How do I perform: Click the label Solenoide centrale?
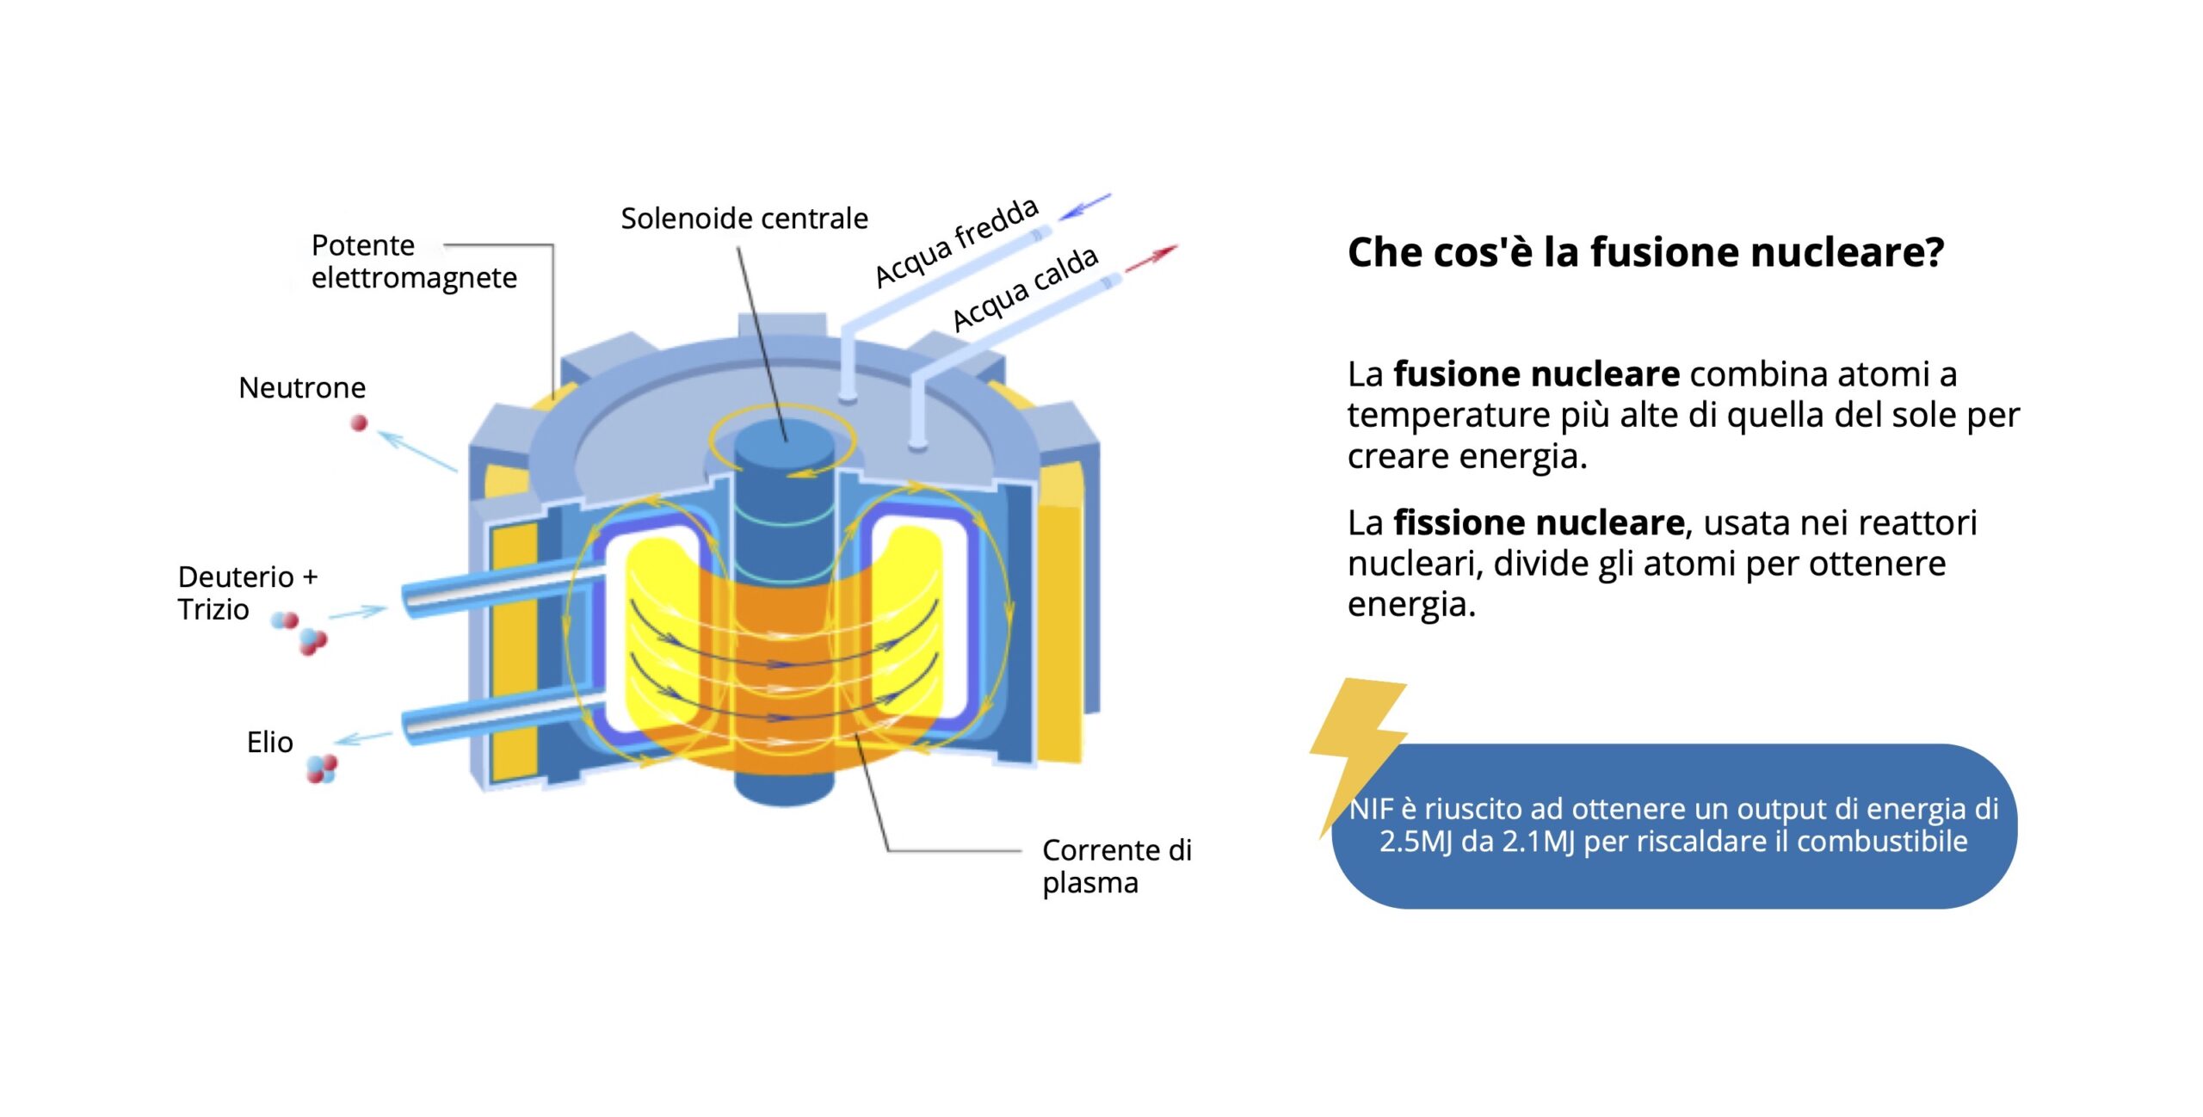pyautogui.click(x=744, y=219)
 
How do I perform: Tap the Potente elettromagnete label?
pyautogui.click(x=413, y=262)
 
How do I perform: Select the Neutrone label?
pyautogui.click(x=302, y=388)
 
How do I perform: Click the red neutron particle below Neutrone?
pyautogui.click(x=359, y=423)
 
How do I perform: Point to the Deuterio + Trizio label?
pyautogui.click(x=247, y=593)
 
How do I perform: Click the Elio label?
pyautogui.click(x=269, y=742)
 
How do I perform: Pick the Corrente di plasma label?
pyautogui.click(x=1116, y=866)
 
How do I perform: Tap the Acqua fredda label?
pyautogui.click(x=956, y=243)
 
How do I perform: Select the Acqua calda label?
pyautogui.click(x=1025, y=288)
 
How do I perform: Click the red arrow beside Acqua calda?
pyautogui.click(x=1151, y=257)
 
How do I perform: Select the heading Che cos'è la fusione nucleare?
pyautogui.click(x=1645, y=252)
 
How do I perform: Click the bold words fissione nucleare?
pyautogui.click(x=1539, y=522)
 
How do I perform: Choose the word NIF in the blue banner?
pyautogui.click(x=1371, y=809)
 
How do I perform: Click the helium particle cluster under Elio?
pyautogui.click(x=321, y=768)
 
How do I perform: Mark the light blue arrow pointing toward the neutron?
pyautogui.click(x=417, y=451)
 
